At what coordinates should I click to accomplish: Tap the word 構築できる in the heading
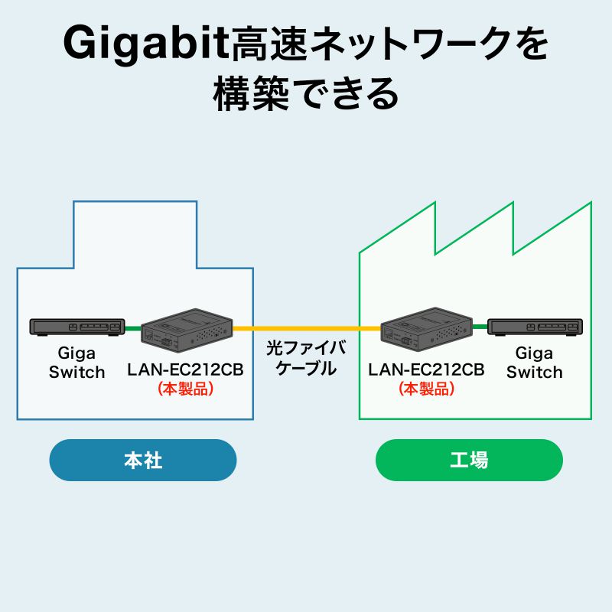(x=306, y=94)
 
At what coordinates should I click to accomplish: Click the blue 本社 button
(x=143, y=461)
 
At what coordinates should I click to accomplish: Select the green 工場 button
(x=469, y=461)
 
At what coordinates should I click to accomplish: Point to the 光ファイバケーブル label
(x=306, y=358)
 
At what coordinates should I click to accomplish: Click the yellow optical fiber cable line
(x=306, y=328)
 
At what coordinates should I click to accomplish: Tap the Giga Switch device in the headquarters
(x=76, y=327)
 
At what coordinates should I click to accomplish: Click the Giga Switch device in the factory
(x=535, y=327)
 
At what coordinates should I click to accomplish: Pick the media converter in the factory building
(x=426, y=330)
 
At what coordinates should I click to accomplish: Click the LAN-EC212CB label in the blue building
(x=185, y=370)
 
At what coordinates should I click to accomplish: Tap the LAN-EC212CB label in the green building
(x=426, y=370)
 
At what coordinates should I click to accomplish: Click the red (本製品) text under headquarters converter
(x=185, y=389)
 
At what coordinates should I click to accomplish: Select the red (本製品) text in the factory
(x=426, y=389)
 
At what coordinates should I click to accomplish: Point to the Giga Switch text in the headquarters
(x=76, y=363)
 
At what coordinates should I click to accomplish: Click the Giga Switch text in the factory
(x=534, y=363)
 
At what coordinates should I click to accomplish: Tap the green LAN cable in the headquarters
(x=132, y=328)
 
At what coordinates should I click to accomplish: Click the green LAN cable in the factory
(x=480, y=328)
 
